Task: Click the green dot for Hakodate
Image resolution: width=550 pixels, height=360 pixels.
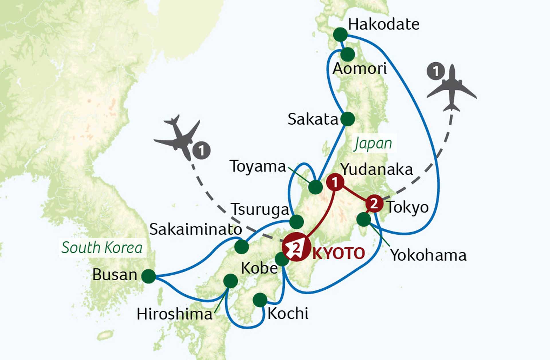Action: click(340, 35)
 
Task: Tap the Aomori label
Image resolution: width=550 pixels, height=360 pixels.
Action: click(360, 69)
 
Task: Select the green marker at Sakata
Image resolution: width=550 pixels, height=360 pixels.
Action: click(348, 119)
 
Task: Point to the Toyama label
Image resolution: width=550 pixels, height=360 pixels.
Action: click(258, 166)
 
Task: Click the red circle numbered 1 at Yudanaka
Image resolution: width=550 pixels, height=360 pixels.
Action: click(335, 182)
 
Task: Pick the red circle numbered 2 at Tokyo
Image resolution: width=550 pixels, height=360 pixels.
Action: click(374, 204)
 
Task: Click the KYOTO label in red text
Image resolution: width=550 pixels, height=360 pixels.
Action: click(339, 253)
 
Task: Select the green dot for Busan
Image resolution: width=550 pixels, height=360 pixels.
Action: click(149, 276)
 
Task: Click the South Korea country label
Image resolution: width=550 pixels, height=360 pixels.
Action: click(102, 248)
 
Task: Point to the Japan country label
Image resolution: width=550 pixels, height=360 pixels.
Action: click(373, 143)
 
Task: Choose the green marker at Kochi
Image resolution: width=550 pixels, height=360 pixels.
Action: click(260, 300)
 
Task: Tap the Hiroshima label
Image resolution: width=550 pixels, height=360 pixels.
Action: click(174, 314)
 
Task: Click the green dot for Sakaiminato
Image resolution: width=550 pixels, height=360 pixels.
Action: click(241, 247)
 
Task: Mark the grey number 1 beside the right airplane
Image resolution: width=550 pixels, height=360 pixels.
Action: click(435, 71)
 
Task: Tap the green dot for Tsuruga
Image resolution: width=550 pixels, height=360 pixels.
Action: click(296, 221)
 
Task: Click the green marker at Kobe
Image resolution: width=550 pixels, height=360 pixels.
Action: click(282, 259)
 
